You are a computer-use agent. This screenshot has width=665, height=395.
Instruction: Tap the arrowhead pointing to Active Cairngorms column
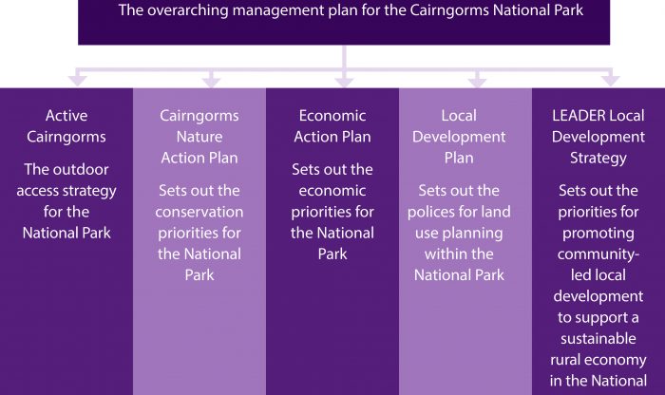pos(78,81)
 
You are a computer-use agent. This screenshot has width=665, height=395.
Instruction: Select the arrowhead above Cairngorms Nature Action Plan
pos(211,81)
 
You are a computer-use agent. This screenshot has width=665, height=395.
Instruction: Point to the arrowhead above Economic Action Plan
pos(344,81)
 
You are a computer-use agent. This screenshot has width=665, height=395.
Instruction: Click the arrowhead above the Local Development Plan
pos(477,81)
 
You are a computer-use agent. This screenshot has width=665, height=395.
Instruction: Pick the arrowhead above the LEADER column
pos(610,81)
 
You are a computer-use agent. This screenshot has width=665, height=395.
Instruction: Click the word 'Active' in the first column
pos(66,116)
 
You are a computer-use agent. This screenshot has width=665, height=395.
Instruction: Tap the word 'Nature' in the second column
pos(199,137)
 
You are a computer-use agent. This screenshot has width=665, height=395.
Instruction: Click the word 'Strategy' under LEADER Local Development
pos(598,159)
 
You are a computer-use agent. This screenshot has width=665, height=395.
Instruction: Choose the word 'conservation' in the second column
pos(199,212)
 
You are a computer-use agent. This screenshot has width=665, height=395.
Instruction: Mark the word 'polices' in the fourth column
pos(431,212)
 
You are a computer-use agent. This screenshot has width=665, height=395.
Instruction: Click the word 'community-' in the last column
pos(598,254)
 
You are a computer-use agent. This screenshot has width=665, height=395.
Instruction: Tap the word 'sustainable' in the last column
pos(598,339)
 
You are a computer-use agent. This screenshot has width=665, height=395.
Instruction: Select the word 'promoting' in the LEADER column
pos(598,234)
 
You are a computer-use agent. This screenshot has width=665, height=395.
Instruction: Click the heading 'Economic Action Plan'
pos(332,126)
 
